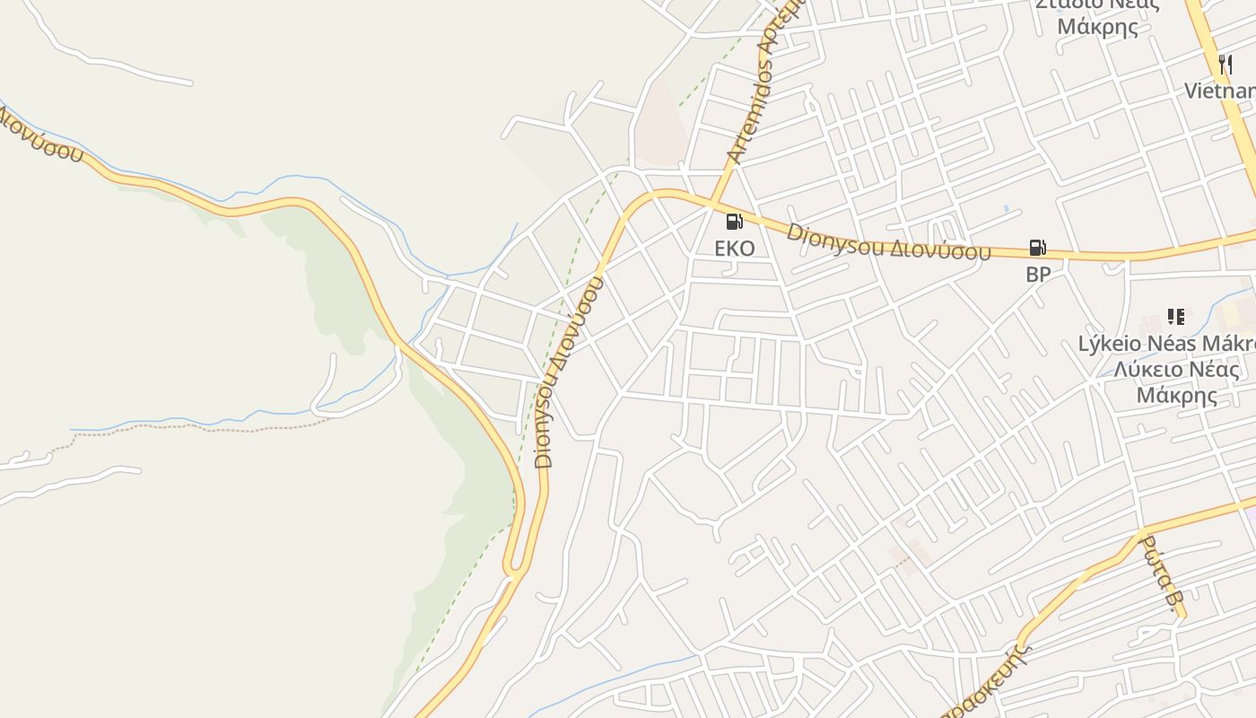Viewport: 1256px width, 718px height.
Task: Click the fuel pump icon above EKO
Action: [x=735, y=221]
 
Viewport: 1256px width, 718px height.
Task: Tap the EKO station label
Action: [x=735, y=248]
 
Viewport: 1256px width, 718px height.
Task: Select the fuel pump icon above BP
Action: [x=1037, y=247]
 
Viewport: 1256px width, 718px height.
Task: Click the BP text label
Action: [x=1037, y=275]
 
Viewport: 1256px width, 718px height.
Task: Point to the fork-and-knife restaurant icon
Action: [x=1225, y=64]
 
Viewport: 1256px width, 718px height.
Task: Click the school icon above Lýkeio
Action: [x=1176, y=317]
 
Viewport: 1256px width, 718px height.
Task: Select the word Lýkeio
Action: [x=1110, y=344]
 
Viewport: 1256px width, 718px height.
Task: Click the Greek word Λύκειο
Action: [x=1146, y=370]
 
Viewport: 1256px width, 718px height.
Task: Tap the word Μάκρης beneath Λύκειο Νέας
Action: [x=1177, y=395]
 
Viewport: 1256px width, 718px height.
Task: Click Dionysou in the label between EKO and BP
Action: [x=835, y=240]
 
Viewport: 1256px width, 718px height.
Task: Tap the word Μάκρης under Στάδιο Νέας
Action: [x=1097, y=25]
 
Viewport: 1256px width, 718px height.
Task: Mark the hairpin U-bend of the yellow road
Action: [x=513, y=567]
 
